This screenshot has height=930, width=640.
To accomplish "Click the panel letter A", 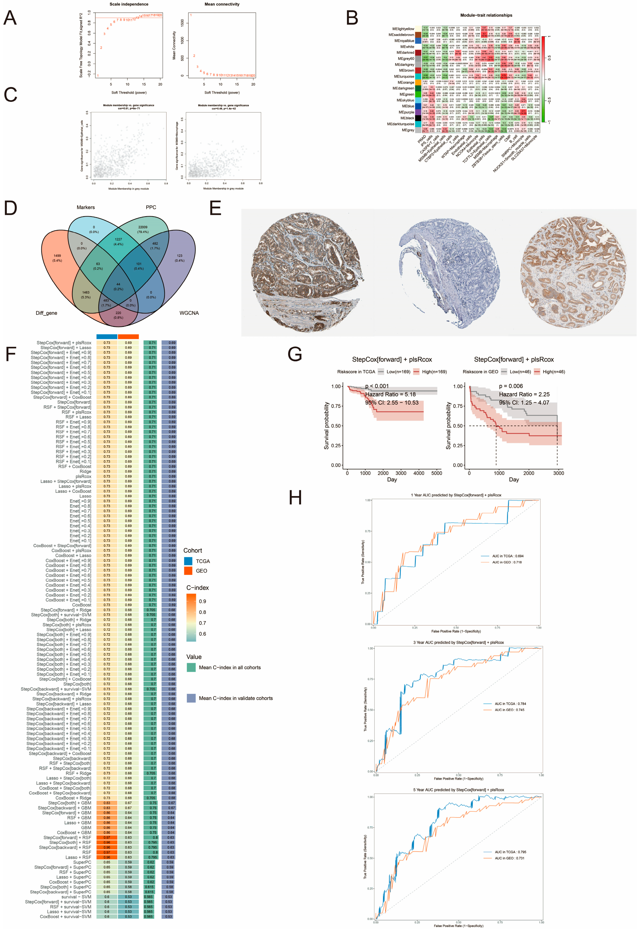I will coord(10,18).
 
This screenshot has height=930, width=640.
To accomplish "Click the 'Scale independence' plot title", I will coord(129,4).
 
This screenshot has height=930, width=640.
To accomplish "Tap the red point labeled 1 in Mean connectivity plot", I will coord(191,15).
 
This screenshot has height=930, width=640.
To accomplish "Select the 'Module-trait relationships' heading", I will coord(486,15).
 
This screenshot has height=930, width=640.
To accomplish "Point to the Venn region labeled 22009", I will coord(143,229).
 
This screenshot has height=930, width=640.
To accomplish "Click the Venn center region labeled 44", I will coord(118,286).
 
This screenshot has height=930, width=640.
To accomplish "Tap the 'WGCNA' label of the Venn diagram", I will coord(189,313).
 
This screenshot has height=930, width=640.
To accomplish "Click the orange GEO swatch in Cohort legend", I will coord(188,571).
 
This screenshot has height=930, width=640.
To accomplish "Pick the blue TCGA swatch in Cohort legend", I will coord(188,561).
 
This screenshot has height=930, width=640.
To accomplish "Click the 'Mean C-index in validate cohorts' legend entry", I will coord(235,698).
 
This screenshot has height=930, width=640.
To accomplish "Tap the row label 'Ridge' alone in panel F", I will coord(85,471).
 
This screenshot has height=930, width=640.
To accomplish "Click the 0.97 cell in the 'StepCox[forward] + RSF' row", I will coord(107,837).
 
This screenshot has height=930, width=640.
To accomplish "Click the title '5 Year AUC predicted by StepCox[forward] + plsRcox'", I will coord(458,790).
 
